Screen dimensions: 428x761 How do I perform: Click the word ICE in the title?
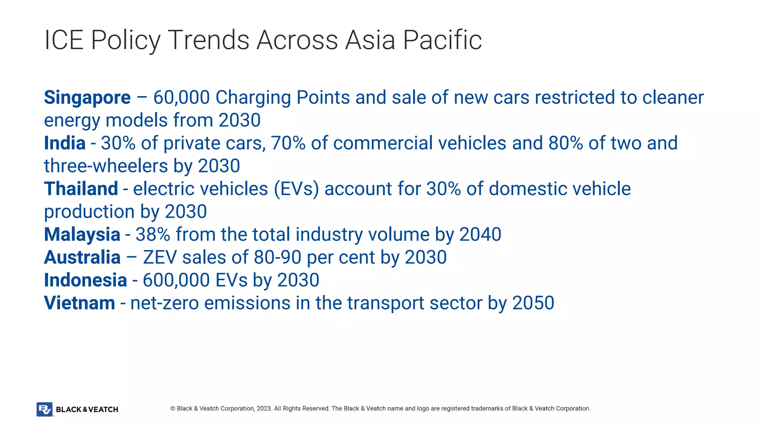click(64, 40)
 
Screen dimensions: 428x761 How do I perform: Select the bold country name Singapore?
click(87, 98)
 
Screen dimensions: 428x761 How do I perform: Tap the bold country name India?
click(65, 143)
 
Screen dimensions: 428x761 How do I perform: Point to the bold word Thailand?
click(81, 189)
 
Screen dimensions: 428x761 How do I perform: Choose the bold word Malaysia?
click(82, 235)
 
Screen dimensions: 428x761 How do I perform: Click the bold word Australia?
click(82, 257)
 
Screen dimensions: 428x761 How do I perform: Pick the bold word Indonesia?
click(85, 280)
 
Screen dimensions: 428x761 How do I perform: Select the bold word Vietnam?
click(80, 303)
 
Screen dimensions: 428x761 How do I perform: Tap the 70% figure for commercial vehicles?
click(288, 143)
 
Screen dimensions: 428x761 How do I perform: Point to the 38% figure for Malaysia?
click(153, 235)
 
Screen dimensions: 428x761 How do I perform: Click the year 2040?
click(480, 235)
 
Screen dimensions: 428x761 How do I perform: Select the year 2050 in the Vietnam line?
click(533, 303)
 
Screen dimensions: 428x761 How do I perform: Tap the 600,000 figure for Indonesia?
click(176, 280)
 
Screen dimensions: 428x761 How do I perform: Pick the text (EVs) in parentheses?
click(296, 189)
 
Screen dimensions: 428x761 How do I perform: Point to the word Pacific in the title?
click(442, 40)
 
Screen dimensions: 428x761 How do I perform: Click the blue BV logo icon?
click(45, 409)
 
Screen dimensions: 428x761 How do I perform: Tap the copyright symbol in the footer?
click(173, 409)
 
